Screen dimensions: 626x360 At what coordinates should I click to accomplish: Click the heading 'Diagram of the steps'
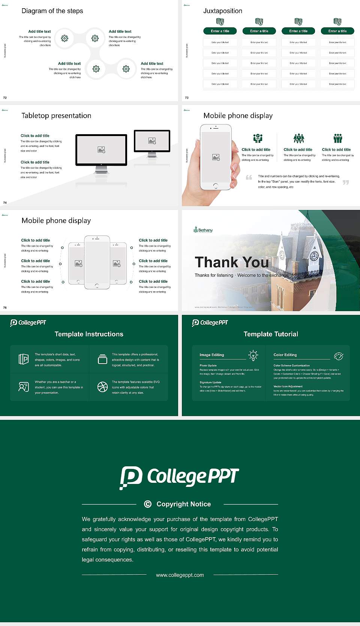click(52, 11)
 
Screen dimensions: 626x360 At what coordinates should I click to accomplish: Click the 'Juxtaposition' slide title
click(222, 11)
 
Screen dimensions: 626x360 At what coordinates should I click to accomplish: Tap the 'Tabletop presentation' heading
click(56, 116)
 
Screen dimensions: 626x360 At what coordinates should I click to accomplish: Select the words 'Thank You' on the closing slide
click(232, 262)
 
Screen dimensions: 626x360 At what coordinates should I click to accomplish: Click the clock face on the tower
click(314, 256)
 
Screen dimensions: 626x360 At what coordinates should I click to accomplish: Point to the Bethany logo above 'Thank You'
click(203, 230)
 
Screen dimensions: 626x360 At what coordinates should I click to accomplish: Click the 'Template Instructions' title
click(89, 334)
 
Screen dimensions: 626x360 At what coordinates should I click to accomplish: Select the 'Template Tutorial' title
click(271, 334)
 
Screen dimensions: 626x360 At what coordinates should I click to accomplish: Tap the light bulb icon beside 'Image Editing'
click(253, 355)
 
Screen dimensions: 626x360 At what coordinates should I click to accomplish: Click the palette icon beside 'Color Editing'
click(339, 356)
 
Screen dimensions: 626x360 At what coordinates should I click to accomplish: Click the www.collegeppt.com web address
click(180, 575)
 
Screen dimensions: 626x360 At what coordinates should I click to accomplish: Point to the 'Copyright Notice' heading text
click(184, 504)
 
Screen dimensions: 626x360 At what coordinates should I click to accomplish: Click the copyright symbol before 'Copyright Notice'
click(148, 504)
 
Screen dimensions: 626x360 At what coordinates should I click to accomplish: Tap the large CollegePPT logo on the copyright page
click(179, 477)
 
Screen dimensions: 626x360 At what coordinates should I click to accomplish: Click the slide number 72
click(5, 98)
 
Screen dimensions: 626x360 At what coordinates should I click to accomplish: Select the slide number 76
click(5, 308)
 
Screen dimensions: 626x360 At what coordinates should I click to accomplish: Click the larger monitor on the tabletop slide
click(101, 150)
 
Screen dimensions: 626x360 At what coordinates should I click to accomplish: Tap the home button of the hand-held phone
click(215, 186)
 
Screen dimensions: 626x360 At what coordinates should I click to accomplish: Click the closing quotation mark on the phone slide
click(346, 183)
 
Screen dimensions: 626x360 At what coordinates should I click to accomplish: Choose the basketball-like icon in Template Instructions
click(102, 387)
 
